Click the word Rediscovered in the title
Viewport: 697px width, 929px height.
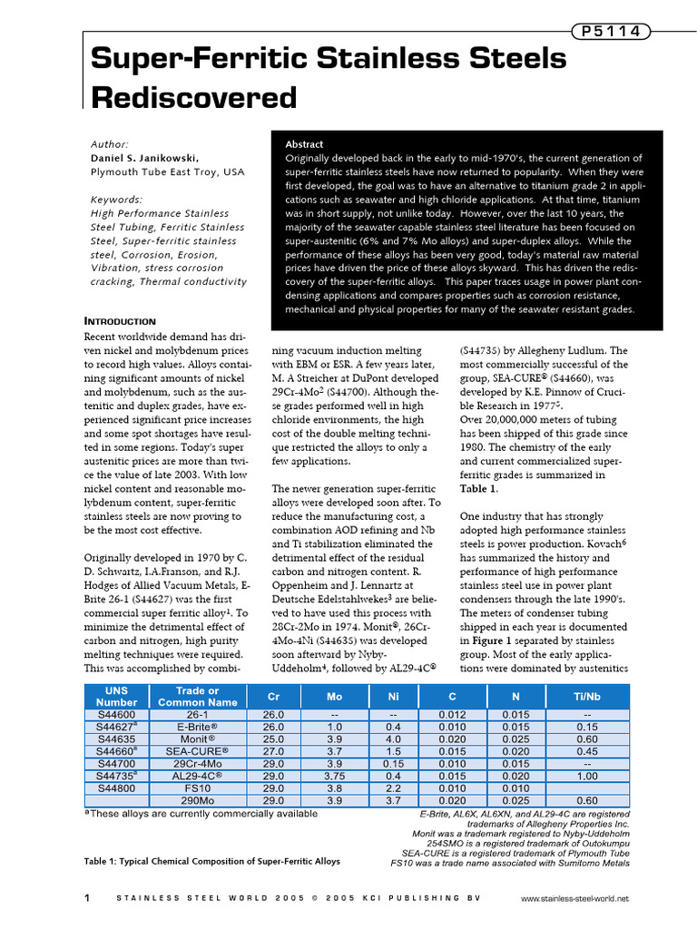[194, 97]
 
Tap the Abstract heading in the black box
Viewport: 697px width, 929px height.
[304, 144]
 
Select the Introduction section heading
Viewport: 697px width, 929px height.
[120, 321]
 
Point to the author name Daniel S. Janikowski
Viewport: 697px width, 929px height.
[144, 158]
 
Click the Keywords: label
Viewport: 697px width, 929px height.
[117, 200]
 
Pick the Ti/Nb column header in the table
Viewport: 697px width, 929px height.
[587, 697]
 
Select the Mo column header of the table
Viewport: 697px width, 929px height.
[335, 697]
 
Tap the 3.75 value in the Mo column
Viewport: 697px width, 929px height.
[335, 776]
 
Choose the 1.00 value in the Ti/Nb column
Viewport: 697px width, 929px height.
[587, 776]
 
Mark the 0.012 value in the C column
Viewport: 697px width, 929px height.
[452, 715]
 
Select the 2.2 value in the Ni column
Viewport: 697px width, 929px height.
[393, 788]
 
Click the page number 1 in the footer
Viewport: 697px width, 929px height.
[86, 898]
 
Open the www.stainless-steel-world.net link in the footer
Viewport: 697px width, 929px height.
[575, 899]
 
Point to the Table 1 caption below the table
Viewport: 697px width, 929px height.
[212, 861]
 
